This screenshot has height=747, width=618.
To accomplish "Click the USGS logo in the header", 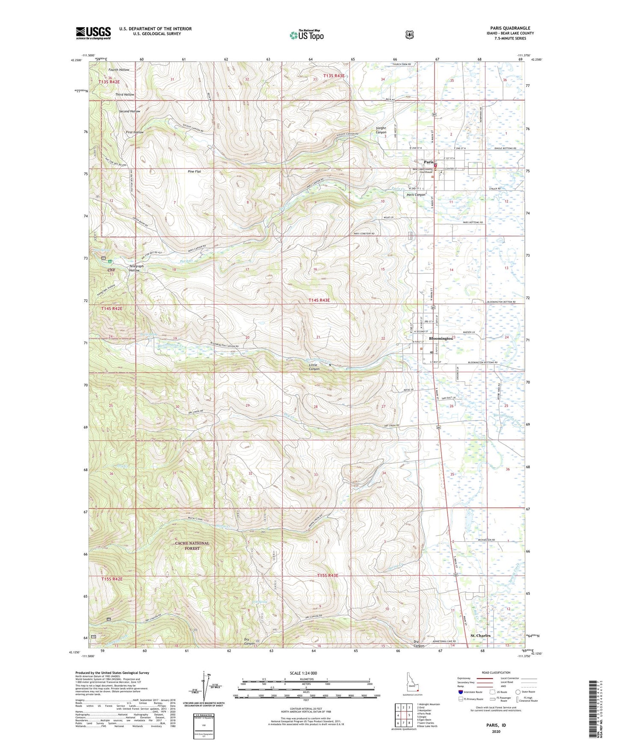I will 93,33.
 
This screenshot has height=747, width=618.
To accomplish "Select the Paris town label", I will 428,163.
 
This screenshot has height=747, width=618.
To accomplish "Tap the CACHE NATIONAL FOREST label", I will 192,545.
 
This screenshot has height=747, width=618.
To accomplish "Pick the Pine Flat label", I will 194,172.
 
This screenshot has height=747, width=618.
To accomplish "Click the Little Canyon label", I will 314,367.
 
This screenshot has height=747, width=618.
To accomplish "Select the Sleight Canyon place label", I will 381,130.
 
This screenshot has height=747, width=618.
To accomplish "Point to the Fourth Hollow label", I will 118,70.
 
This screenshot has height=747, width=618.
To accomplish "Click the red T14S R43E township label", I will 319,300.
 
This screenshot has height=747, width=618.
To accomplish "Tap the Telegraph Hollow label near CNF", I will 136,268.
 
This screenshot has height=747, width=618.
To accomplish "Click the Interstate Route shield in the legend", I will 460,692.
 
